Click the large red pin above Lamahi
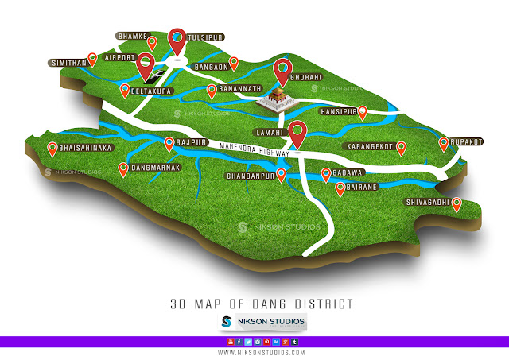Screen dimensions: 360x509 [x=297, y=133]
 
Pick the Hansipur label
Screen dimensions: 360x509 [x=336, y=112]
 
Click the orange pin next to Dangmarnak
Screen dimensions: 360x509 [x=123, y=168]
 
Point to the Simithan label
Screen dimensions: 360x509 [x=68, y=60]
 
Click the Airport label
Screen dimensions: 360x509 [x=114, y=58]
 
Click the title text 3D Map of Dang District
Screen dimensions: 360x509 [x=262, y=304]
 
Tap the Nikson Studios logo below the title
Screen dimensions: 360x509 [x=262, y=322]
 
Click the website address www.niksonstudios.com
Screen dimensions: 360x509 [x=260, y=351]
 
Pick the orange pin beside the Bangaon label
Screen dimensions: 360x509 [x=234, y=62]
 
